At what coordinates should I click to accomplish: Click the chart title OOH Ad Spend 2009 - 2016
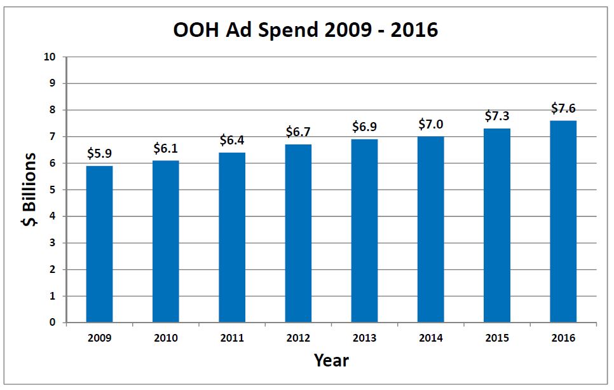pyautogui.click(x=306, y=30)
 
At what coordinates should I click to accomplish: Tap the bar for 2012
pyautogui.click(x=298, y=233)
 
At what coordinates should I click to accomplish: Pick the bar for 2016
pyautogui.click(x=563, y=221)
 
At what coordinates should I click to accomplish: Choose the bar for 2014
pyautogui.click(x=431, y=230)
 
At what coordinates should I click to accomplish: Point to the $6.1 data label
pyautogui.click(x=166, y=148)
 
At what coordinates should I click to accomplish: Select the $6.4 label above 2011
pyautogui.click(x=232, y=140)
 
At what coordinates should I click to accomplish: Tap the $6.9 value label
pyautogui.click(x=365, y=127)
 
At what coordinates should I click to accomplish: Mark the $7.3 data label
pyautogui.click(x=497, y=116)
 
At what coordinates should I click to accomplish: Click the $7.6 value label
pyautogui.click(x=563, y=108)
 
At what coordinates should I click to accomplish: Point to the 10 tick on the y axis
pyautogui.click(x=51, y=57)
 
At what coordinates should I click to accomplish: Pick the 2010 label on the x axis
pyautogui.click(x=166, y=338)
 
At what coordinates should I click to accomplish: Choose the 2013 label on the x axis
pyautogui.click(x=365, y=338)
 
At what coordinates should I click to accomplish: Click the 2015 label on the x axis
pyautogui.click(x=497, y=338)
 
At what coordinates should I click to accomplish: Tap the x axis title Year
pyautogui.click(x=331, y=361)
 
